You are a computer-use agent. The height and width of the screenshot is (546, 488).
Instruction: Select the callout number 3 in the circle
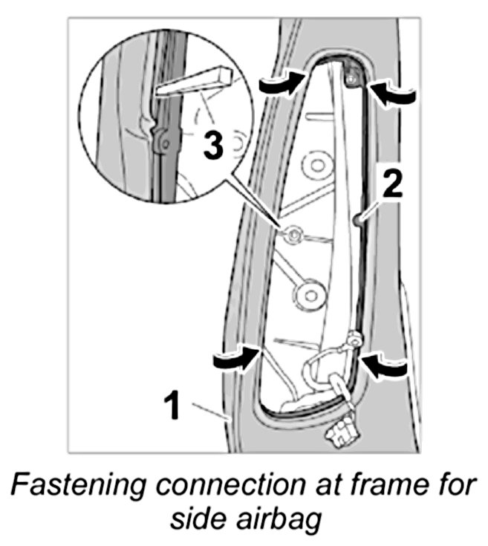click(x=212, y=146)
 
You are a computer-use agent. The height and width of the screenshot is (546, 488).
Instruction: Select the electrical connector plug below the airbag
click(x=339, y=431)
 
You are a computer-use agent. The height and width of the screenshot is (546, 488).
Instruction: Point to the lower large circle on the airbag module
click(x=309, y=293)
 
